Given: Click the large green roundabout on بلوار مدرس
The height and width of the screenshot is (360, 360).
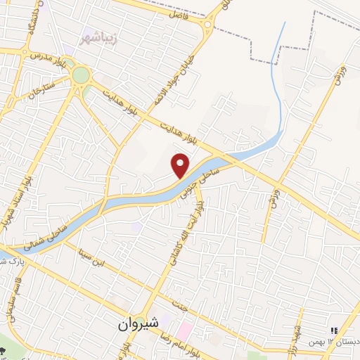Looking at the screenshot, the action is coord(80,74).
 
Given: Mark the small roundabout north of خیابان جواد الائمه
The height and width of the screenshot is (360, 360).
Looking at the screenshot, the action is coord(208,27).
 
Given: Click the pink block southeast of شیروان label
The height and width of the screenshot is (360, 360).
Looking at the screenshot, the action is coord(186,329).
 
